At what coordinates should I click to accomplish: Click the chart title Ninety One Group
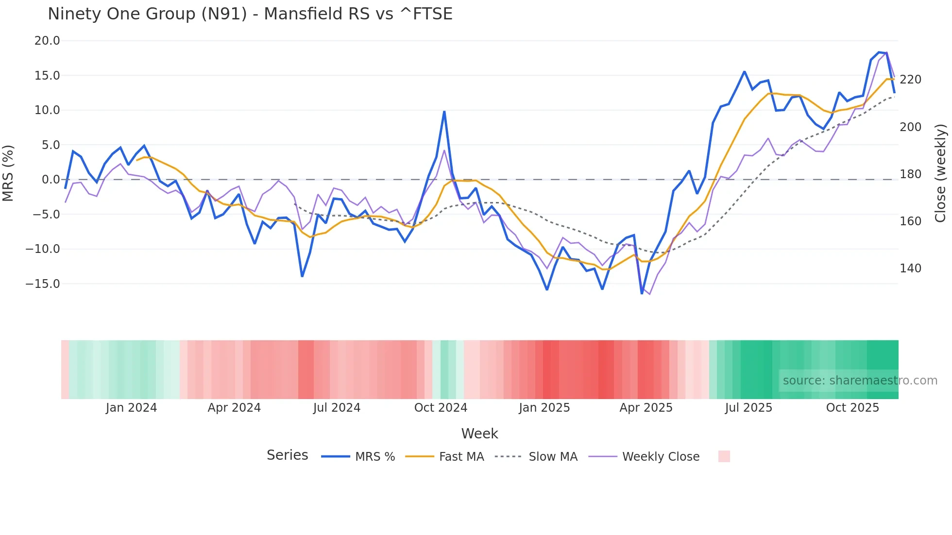click(x=250, y=14)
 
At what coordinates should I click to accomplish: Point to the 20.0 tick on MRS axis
click(x=47, y=41)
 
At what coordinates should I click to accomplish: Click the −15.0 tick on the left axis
click(x=43, y=284)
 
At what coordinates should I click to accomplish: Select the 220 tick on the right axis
click(x=910, y=80)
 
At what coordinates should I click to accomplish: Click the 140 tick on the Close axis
click(x=910, y=268)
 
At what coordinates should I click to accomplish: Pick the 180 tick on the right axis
click(x=910, y=174)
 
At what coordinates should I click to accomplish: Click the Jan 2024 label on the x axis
click(x=131, y=408)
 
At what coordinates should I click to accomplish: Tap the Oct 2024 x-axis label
click(x=441, y=408)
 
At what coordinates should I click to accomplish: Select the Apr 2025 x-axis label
click(x=646, y=408)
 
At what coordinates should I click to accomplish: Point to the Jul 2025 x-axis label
click(x=748, y=408)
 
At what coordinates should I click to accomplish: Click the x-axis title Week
click(x=479, y=434)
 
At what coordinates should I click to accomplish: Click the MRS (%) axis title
click(x=8, y=173)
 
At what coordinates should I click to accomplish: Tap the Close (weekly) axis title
click(x=940, y=173)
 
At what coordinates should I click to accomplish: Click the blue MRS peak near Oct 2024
click(x=444, y=112)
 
